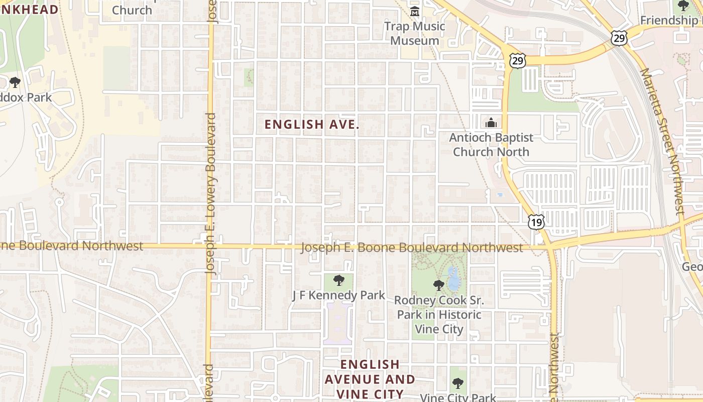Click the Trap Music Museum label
click(x=414, y=33)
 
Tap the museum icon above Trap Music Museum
click(x=415, y=12)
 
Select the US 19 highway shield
click(x=536, y=221)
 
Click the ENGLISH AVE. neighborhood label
click(x=312, y=125)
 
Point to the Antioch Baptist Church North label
click(x=491, y=145)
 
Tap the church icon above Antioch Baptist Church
click(x=491, y=123)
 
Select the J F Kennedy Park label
click(x=338, y=295)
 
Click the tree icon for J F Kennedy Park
click(x=339, y=280)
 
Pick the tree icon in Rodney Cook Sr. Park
click(x=439, y=285)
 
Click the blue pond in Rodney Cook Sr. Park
click(x=453, y=278)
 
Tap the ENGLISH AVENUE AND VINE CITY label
click(x=370, y=379)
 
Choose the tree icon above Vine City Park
click(x=457, y=384)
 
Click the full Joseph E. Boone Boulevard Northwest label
click(x=412, y=248)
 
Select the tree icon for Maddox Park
click(x=15, y=82)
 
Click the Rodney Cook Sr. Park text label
click(x=439, y=315)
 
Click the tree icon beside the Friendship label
click(x=683, y=6)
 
